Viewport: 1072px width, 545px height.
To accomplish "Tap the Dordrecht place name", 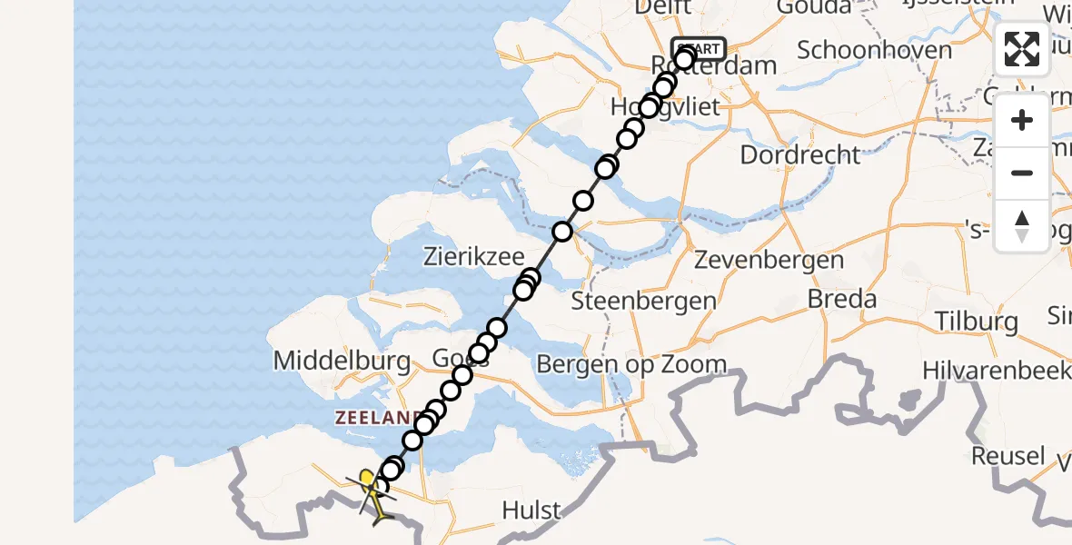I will [x=799, y=154].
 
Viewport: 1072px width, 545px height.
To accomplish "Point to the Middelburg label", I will [x=342, y=362].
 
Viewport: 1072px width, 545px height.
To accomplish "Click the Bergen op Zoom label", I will [x=631, y=365].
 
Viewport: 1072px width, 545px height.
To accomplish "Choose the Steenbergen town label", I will [x=643, y=301].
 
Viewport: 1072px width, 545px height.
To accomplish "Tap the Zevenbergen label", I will [x=769, y=261].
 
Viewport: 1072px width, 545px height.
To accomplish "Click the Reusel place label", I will [x=1007, y=455].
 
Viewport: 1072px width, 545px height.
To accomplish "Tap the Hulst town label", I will [x=531, y=510].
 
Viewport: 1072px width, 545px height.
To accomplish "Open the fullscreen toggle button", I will [x=1022, y=49].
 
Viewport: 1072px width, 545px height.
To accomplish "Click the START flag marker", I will [x=698, y=49].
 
